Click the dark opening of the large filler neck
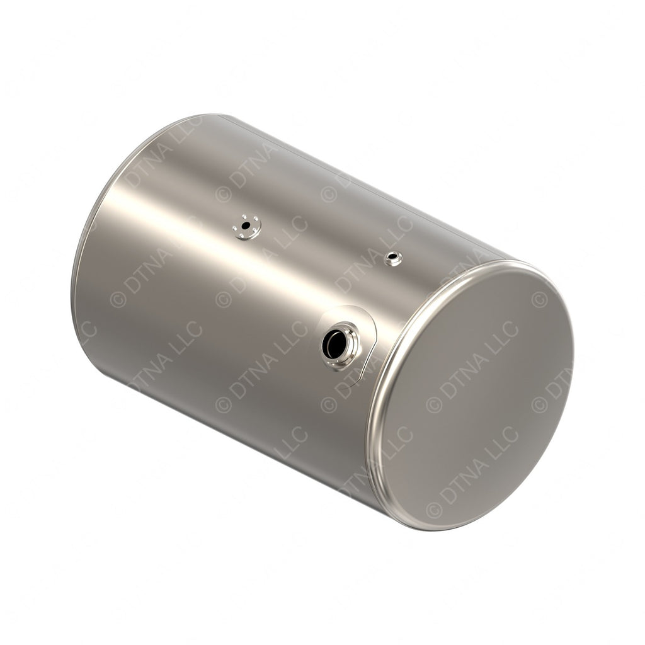332,343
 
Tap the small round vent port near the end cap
393,257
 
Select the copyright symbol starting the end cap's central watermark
434,402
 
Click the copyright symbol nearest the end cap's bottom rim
434,508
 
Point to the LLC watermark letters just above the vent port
396,232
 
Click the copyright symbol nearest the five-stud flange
223,193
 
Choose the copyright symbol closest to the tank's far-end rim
118,299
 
